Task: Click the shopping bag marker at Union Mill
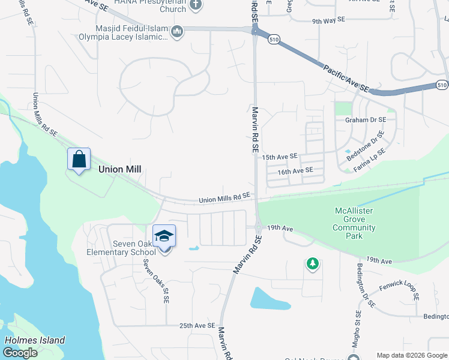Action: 79,160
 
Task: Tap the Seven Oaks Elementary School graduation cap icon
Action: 164,236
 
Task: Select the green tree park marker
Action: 312,263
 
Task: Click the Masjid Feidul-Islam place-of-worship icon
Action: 176,31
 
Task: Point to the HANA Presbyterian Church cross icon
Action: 194,5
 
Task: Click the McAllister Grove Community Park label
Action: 354,223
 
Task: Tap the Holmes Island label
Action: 35,340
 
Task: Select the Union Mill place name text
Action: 119,169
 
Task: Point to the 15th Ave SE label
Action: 280,156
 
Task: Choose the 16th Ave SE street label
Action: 295,171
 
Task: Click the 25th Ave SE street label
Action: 197,326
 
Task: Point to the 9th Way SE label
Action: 328,20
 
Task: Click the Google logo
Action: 20,353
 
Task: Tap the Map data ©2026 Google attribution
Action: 412,355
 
